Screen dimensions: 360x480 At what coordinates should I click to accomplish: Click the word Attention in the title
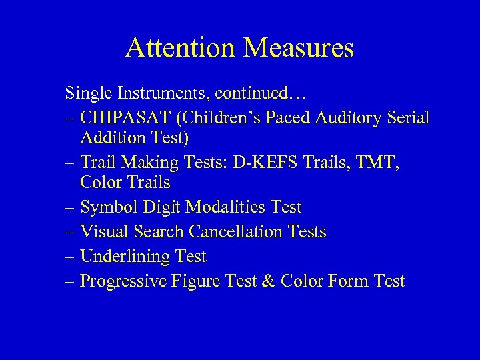point(177,48)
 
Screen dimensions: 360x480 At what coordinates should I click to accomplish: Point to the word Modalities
point(224,207)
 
